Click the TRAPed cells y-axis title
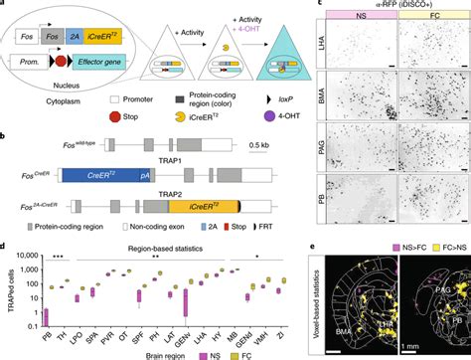9,293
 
